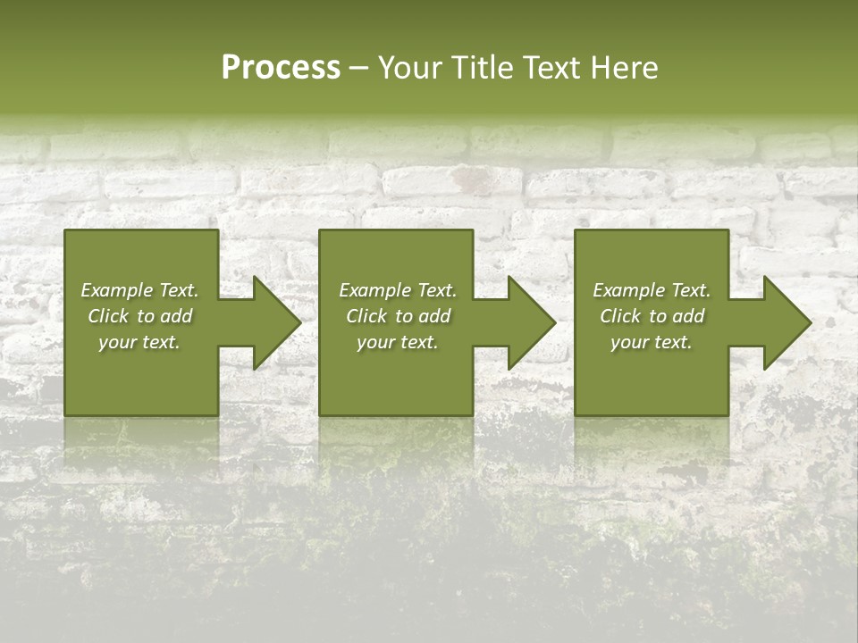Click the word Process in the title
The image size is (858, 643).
[x=281, y=68]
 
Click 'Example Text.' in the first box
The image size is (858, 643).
[x=139, y=290]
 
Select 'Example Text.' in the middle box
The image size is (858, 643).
[x=397, y=290]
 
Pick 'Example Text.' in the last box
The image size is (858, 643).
[x=652, y=290]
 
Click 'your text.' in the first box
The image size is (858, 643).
[x=139, y=342]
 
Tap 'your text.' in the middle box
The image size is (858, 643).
[x=397, y=342]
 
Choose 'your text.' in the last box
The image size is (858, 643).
[x=652, y=342]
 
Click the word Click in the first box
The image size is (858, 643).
[x=107, y=316]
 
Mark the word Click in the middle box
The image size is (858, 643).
[x=366, y=316]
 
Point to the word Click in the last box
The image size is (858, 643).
[x=620, y=316]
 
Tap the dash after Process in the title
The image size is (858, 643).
[x=358, y=69]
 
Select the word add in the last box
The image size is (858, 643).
[x=688, y=316]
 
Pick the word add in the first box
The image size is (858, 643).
[x=175, y=316]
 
